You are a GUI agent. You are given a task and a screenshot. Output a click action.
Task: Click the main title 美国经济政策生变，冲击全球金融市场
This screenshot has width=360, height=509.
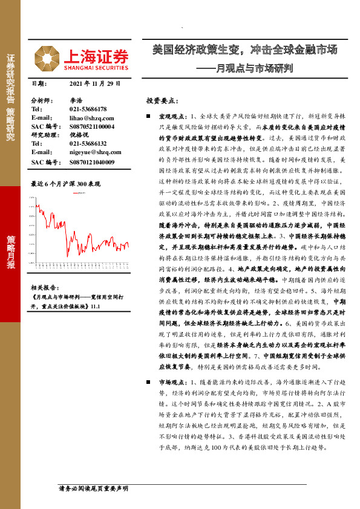(x=244, y=50)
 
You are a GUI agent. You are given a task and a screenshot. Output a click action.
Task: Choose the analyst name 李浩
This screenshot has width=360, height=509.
(x=76, y=100)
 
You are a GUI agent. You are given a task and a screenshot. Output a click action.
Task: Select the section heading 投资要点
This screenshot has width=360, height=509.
(x=162, y=100)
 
